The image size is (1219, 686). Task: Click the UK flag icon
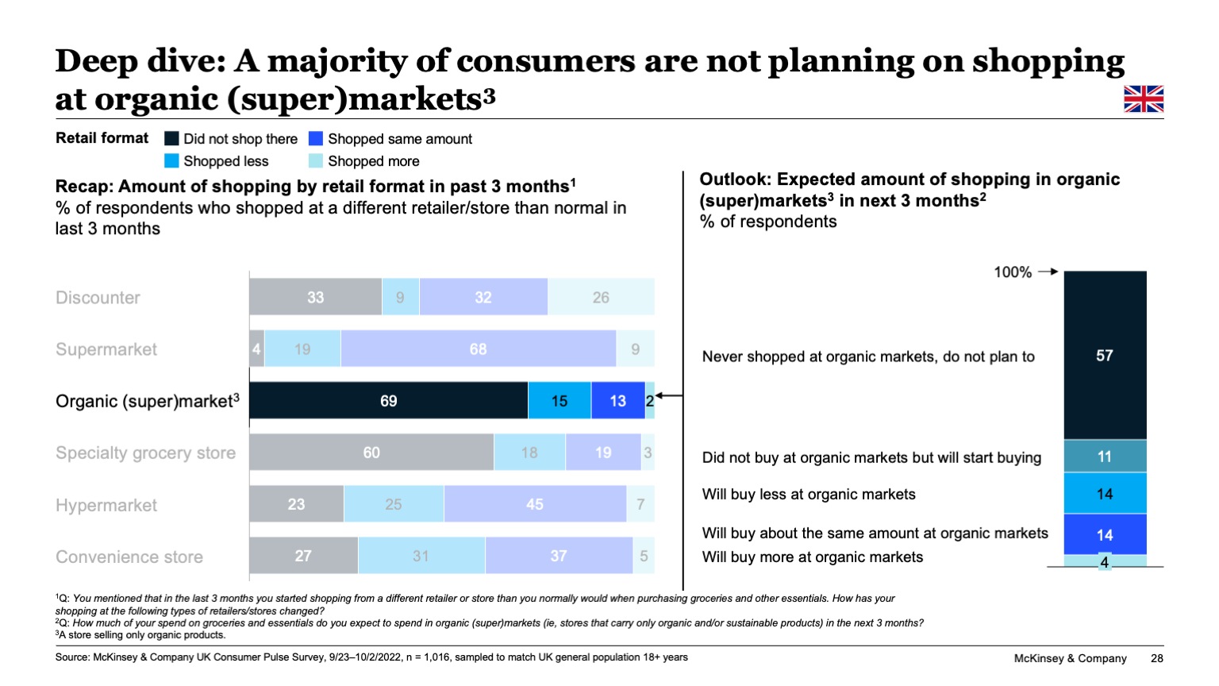coord(1144,99)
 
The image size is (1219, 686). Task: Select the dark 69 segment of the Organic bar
coord(388,401)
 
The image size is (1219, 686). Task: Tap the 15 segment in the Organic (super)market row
coord(560,401)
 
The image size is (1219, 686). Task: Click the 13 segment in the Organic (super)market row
coord(617,401)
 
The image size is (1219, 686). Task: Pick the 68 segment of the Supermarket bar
coord(478,349)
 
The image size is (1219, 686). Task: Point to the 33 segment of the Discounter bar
coord(315,297)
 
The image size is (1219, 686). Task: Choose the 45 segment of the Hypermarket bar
coord(534,504)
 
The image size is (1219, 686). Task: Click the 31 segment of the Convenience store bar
coord(421,556)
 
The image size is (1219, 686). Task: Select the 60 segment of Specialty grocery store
coord(371,453)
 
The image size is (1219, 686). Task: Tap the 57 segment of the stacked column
coord(1105,356)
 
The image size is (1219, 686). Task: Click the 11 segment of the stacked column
coord(1105,457)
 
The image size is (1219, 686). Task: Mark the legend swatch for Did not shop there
coord(171,139)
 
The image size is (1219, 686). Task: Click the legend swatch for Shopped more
coord(316,161)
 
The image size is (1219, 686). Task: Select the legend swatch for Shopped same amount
coord(316,139)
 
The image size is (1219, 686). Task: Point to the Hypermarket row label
coord(106,505)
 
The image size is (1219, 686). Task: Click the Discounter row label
coord(98,298)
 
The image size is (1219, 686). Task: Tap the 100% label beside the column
coord(1013,272)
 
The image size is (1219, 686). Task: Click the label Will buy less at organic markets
coord(809,495)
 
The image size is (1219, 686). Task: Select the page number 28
coord(1156,658)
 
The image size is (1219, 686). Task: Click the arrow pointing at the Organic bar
coord(670,395)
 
